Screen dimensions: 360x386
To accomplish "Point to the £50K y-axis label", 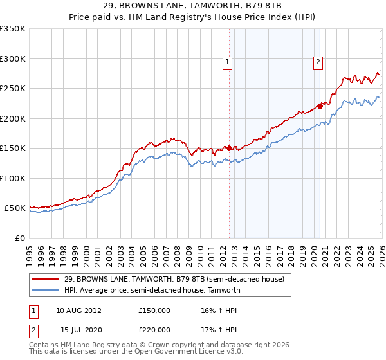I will tap(14, 208).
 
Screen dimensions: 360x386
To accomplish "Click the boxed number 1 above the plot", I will tap(228, 62).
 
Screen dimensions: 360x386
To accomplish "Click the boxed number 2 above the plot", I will tap(318, 62).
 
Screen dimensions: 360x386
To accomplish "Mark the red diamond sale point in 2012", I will tap(229, 148).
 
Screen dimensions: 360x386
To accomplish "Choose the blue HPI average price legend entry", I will tap(152, 290).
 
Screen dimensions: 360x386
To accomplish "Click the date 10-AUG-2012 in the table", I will tap(78, 310).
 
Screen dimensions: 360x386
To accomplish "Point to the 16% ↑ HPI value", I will tap(217, 310).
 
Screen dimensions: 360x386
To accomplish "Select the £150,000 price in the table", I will tap(154, 310).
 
